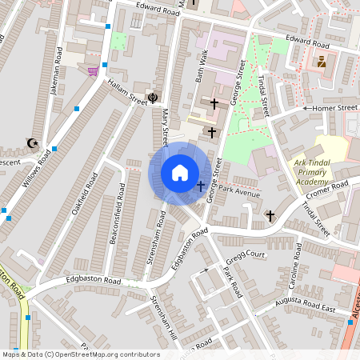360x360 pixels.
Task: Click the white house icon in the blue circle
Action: pos(180,172)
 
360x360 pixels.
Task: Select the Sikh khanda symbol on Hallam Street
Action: pos(153,98)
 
